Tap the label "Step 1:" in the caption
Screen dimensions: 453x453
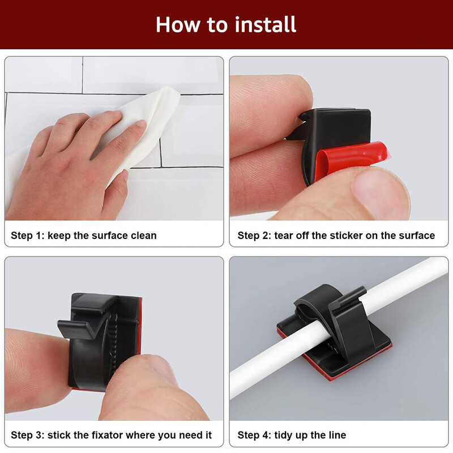pyautogui.click(x=27, y=235)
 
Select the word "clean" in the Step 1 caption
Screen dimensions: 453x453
pyautogui.click(x=141, y=235)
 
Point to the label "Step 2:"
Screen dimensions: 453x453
pyautogui.click(x=254, y=235)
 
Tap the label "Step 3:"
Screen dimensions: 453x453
pyautogui.click(x=27, y=435)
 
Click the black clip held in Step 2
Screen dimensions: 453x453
pyautogui.click(x=334, y=130)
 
